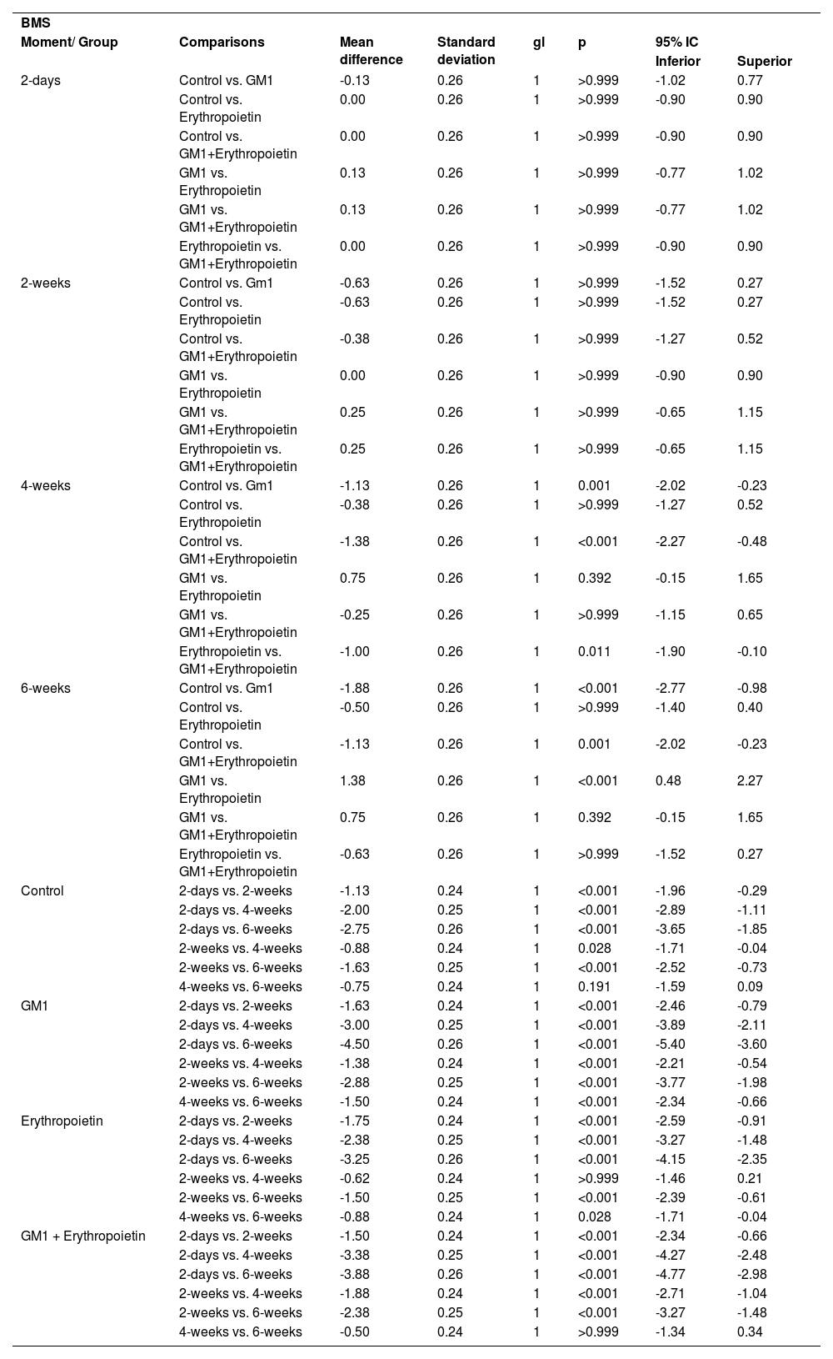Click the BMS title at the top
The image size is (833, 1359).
[35, 23]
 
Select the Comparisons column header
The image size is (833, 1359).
[222, 42]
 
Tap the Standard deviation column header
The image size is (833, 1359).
[466, 50]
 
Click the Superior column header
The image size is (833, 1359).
[764, 61]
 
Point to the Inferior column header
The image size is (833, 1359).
[677, 61]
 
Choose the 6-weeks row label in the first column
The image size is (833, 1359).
[46, 688]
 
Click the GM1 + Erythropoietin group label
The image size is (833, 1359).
[83, 1236]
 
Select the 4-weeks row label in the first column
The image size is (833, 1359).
[46, 485]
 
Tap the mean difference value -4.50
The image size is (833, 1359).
[354, 1044]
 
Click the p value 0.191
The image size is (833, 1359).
[594, 986]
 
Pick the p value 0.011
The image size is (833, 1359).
[594, 651]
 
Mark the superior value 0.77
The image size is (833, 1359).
[750, 80]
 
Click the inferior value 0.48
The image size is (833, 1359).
[668, 780]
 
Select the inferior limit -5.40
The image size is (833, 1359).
[671, 1044]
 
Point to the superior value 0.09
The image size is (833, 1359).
[750, 986]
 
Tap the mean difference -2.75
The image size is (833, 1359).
[354, 929]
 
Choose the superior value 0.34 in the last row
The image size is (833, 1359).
[750, 1331]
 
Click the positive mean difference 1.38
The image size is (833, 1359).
[352, 780]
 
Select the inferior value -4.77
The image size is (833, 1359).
[671, 1274]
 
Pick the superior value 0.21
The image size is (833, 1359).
[750, 1178]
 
